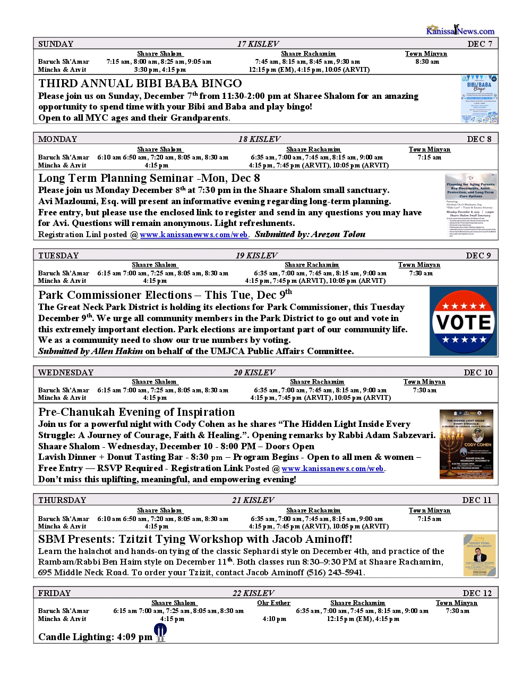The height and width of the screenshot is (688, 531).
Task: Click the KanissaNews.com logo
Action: click(x=460, y=30)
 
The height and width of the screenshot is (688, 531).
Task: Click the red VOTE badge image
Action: click(x=464, y=321)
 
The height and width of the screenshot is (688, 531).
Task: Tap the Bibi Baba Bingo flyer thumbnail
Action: click(x=479, y=99)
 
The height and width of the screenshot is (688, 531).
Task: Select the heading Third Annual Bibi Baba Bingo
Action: click(x=140, y=83)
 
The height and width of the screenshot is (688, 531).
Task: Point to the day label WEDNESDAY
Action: click(x=66, y=373)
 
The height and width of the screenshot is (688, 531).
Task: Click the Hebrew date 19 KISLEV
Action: click(x=256, y=256)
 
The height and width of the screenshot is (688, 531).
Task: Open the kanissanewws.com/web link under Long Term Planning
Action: click(x=194, y=234)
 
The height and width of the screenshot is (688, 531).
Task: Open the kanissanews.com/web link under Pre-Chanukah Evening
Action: click(x=333, y=468)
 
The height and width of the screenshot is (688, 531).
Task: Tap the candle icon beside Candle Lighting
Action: click(x=160, y=632)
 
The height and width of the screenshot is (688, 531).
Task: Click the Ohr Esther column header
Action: click(x=273, y=603)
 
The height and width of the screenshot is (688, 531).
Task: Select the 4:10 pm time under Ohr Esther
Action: click(x=274, y=619)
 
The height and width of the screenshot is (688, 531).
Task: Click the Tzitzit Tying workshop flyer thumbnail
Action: click(x=479, y=555)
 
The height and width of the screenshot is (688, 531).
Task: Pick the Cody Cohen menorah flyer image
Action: click(x=466, y=444)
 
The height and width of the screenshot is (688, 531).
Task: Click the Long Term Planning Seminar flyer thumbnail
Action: click(x=471, y=206)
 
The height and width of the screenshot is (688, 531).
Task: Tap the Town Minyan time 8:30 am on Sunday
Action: click(x=427, y=62)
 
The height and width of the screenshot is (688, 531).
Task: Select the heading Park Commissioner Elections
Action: click(x=115, y=295)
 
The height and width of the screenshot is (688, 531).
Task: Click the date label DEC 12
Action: click(x=477, y=593)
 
